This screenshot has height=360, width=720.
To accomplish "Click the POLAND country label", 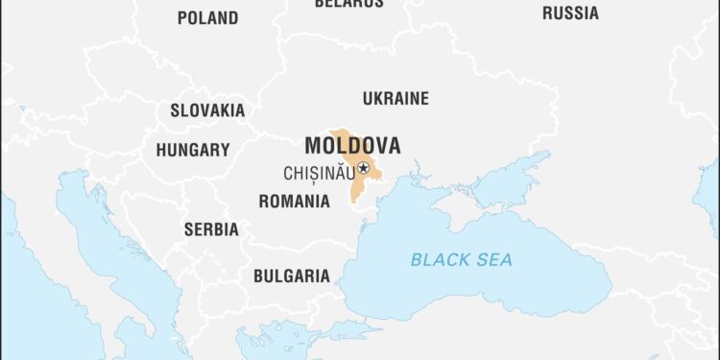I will (208, 17).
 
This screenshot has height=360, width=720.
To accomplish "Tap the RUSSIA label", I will (570, 13).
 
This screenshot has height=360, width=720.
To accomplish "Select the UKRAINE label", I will (396, 98).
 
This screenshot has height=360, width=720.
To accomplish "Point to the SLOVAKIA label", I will (207, 110).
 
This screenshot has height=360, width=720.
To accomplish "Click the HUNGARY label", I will (193, 150).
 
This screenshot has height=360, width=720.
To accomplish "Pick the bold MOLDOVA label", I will (352, 146).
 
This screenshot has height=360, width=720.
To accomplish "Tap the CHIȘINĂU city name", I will (319, 174).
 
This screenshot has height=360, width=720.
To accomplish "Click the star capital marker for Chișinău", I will (364, 169).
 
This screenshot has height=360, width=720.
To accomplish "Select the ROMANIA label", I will (294, 202).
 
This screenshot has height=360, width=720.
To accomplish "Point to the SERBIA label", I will (211, 229).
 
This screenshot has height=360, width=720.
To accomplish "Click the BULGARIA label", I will (291, 276).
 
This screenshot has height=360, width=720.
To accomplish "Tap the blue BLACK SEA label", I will (462, 259).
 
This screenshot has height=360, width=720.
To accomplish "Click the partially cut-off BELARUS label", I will (348, 4).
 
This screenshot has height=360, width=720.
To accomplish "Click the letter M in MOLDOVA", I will (313, 146).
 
